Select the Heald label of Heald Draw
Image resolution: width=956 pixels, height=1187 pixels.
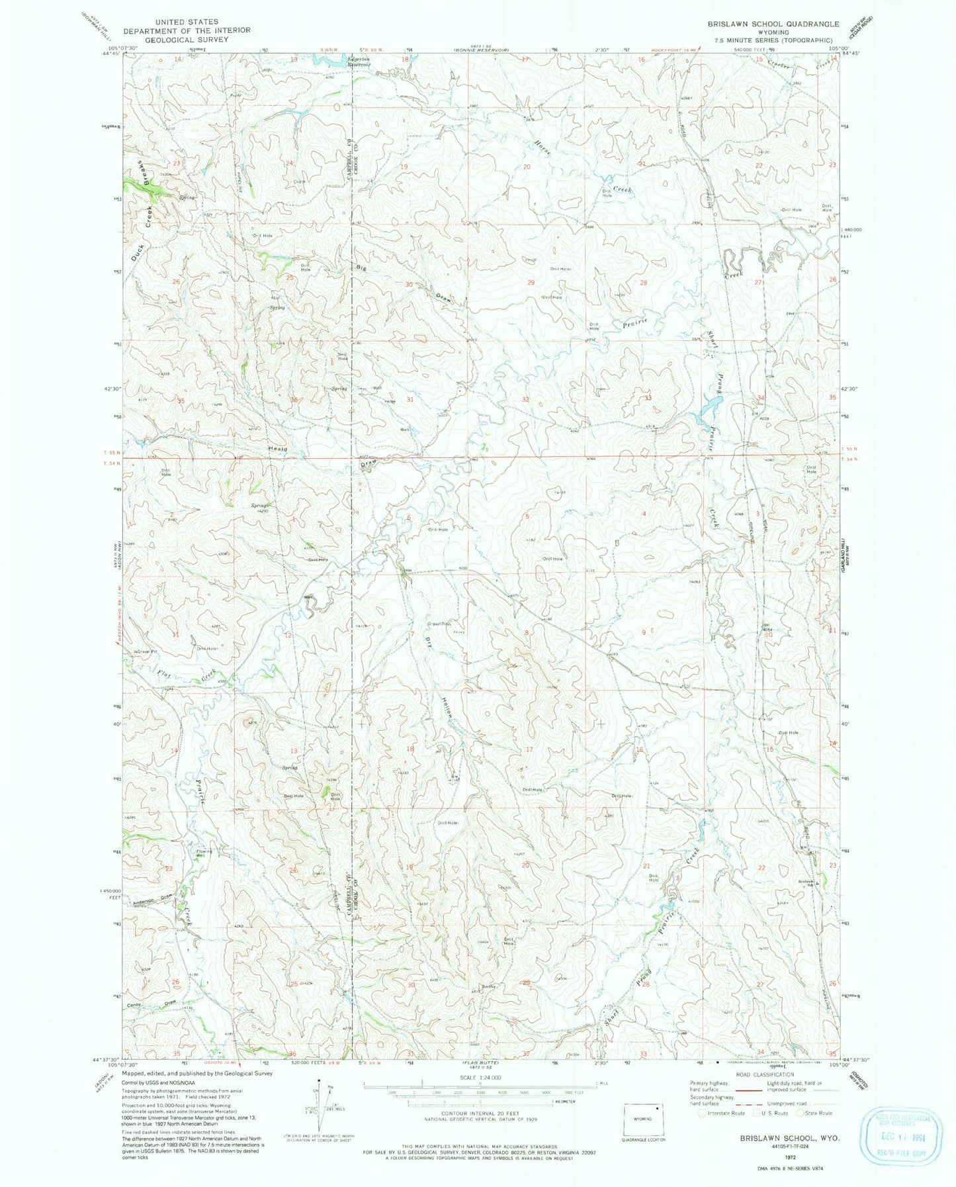(x=278, y=450)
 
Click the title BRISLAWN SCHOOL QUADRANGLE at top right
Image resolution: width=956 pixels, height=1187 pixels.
(x=773, y=23)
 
